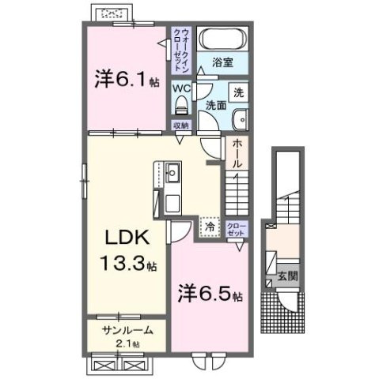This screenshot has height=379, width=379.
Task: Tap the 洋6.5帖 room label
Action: click(209, 296)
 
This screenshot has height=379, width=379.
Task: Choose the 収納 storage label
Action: click(181, 125)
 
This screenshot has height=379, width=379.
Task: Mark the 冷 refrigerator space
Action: click(210, 227)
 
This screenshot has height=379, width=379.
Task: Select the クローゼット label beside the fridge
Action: click(237, 230)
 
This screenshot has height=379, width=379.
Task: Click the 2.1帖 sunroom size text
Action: click(125, 344)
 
